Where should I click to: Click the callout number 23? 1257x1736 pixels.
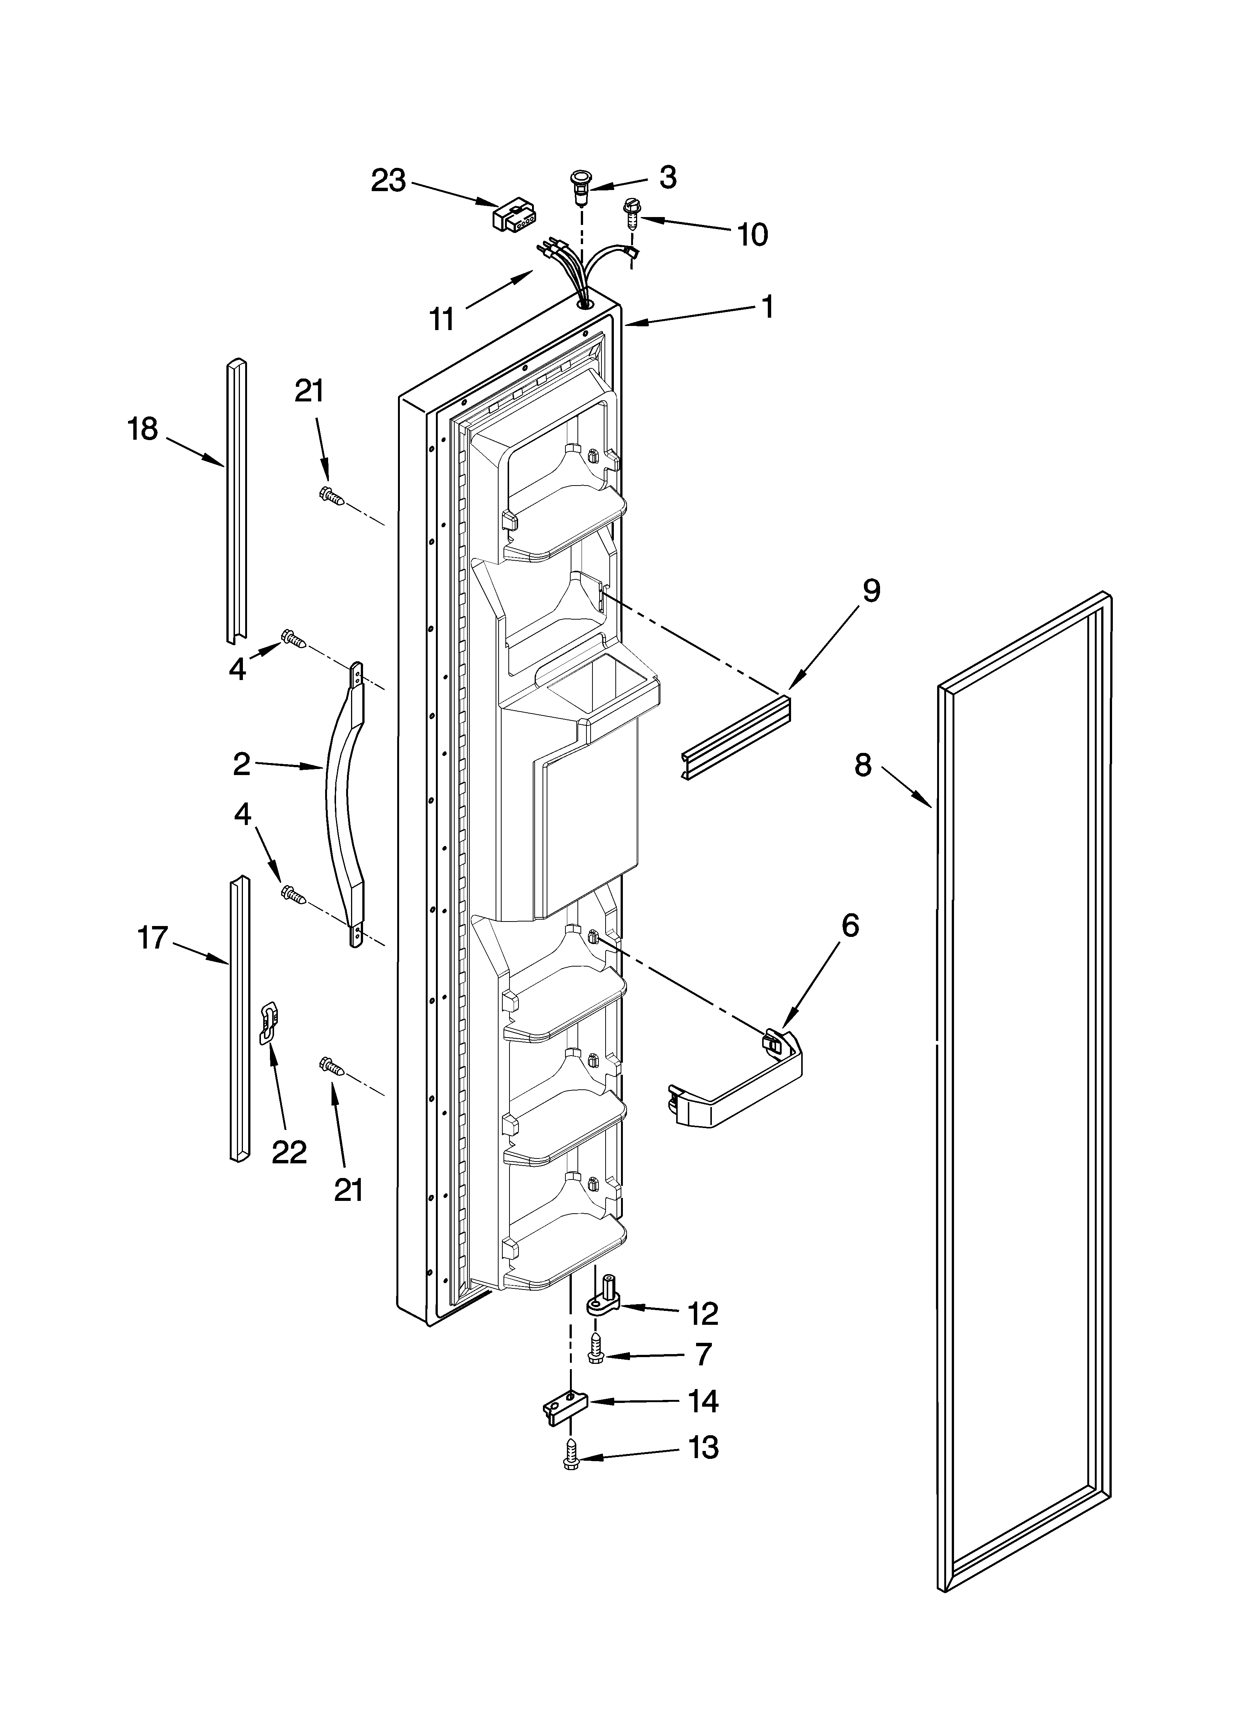388,181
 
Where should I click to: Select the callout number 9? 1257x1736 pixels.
871,592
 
